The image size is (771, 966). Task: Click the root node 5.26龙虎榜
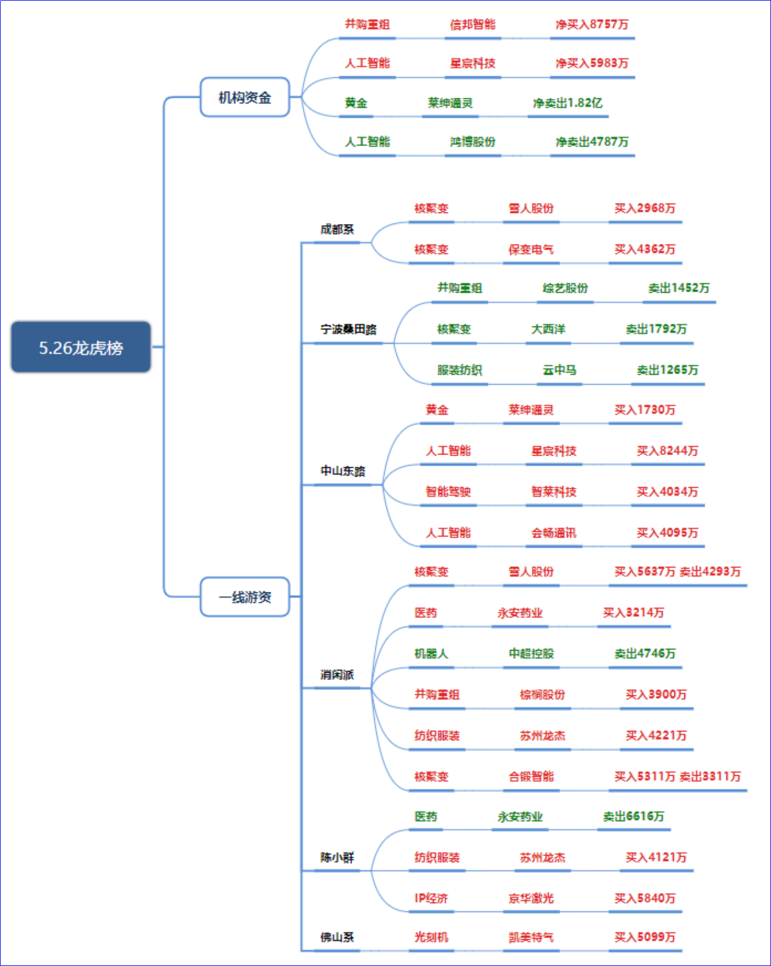[x=81, y=347]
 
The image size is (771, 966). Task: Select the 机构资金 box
[x=245, y=97]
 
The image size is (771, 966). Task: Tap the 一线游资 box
[x=245, y=596]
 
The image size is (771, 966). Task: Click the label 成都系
[x=337, y=229]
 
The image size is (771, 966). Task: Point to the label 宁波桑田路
[x=349, y=329]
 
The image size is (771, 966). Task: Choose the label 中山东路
[x=343, y=470]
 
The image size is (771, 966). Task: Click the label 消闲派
[x=337, y=674]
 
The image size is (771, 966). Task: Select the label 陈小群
[x=337, y=857]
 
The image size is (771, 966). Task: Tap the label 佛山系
[x=337, y=937]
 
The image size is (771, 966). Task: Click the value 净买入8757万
[x=592, y=24]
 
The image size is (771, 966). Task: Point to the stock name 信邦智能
[x=472, y=24]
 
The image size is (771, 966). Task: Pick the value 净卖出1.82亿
[x=567, y=103]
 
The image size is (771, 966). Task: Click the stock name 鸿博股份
[x=472, y=141]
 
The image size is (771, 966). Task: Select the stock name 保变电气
[x=531, y=249]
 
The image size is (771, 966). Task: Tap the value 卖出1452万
[x=679, y=288]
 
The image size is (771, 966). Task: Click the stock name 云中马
[x=559, y=370]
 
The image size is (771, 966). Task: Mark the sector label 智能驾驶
[x=448, y=492]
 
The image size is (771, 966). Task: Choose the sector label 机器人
[x=431, y=654]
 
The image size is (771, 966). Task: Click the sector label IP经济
[x=431, y=898]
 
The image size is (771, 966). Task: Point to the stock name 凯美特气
[x=531, y=937]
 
